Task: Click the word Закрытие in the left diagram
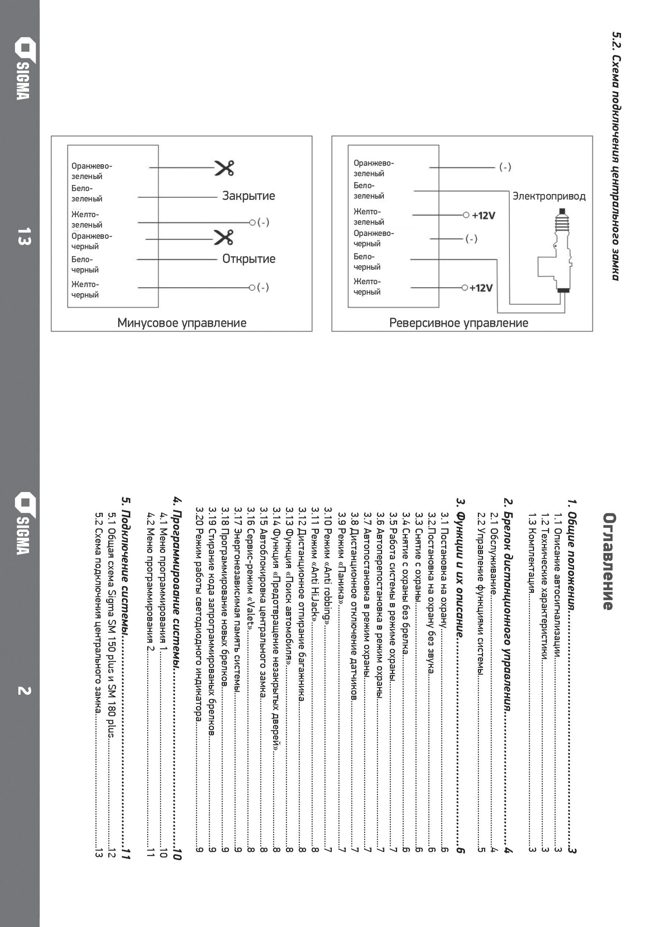248,196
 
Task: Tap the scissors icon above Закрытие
224,168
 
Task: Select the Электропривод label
549,197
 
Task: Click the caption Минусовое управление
182,323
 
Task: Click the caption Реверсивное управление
459,323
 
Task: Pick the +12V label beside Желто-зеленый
483,216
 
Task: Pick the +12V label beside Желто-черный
481,288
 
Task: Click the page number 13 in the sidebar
23,236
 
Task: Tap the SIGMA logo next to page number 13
23,69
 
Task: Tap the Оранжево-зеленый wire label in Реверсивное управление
373,168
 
